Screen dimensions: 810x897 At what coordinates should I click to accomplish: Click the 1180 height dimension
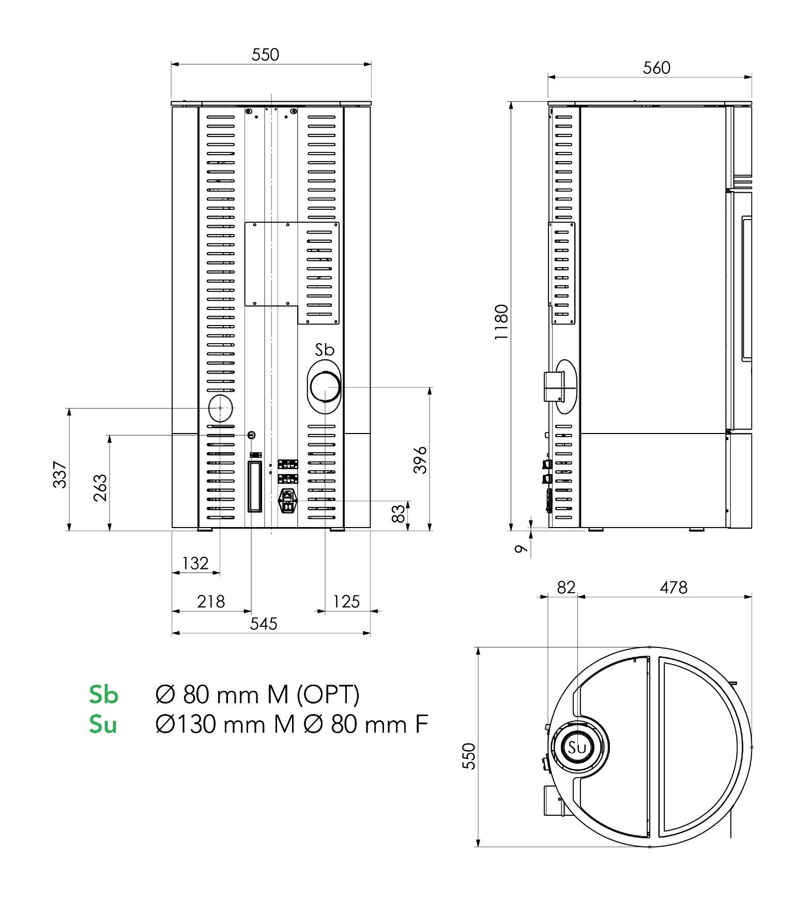coord(501,321)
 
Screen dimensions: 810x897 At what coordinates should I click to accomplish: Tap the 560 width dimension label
coord(656,68)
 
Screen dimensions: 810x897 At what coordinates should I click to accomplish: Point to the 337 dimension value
coord(60,474)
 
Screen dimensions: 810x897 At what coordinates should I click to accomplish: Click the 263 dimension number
coord(100,487)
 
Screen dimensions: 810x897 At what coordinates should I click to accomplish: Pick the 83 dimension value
coord(398,514)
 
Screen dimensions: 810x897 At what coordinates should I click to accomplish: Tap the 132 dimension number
coord(195,563)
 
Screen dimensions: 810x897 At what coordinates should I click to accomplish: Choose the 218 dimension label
coord(211,601)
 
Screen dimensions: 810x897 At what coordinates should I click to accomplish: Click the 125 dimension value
coord(346,601)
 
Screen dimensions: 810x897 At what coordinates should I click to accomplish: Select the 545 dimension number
coord(264,624)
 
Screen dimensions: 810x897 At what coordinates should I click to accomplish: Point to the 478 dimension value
coord(674,587)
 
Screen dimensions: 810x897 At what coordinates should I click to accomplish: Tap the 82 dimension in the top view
coord(566,587)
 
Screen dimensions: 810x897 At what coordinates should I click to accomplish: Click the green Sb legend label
coord(103,694)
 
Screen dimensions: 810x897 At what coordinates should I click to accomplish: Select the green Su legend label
coord(103,724)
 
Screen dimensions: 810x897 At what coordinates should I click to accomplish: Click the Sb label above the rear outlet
coord(325,350)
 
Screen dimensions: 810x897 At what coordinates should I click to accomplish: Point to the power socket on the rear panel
coord(288,500)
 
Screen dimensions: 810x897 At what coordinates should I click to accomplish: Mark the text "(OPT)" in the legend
coord(328,695)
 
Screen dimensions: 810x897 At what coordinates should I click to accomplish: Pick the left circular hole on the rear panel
coord(220,408)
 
